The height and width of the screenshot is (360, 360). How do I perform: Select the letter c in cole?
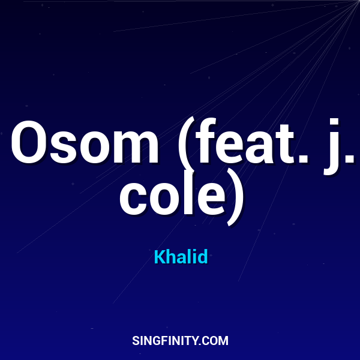click(133, 198)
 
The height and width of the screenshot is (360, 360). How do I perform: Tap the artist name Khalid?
click(181, 257)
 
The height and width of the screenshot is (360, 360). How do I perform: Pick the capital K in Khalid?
click(159, 257)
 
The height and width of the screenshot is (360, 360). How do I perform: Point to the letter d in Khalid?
click(203, 257)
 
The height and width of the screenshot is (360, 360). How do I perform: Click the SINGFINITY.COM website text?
click(180, 341)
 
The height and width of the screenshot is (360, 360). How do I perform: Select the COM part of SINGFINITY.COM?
click(215, 341)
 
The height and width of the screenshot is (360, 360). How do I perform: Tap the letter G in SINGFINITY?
click(157, 341)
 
